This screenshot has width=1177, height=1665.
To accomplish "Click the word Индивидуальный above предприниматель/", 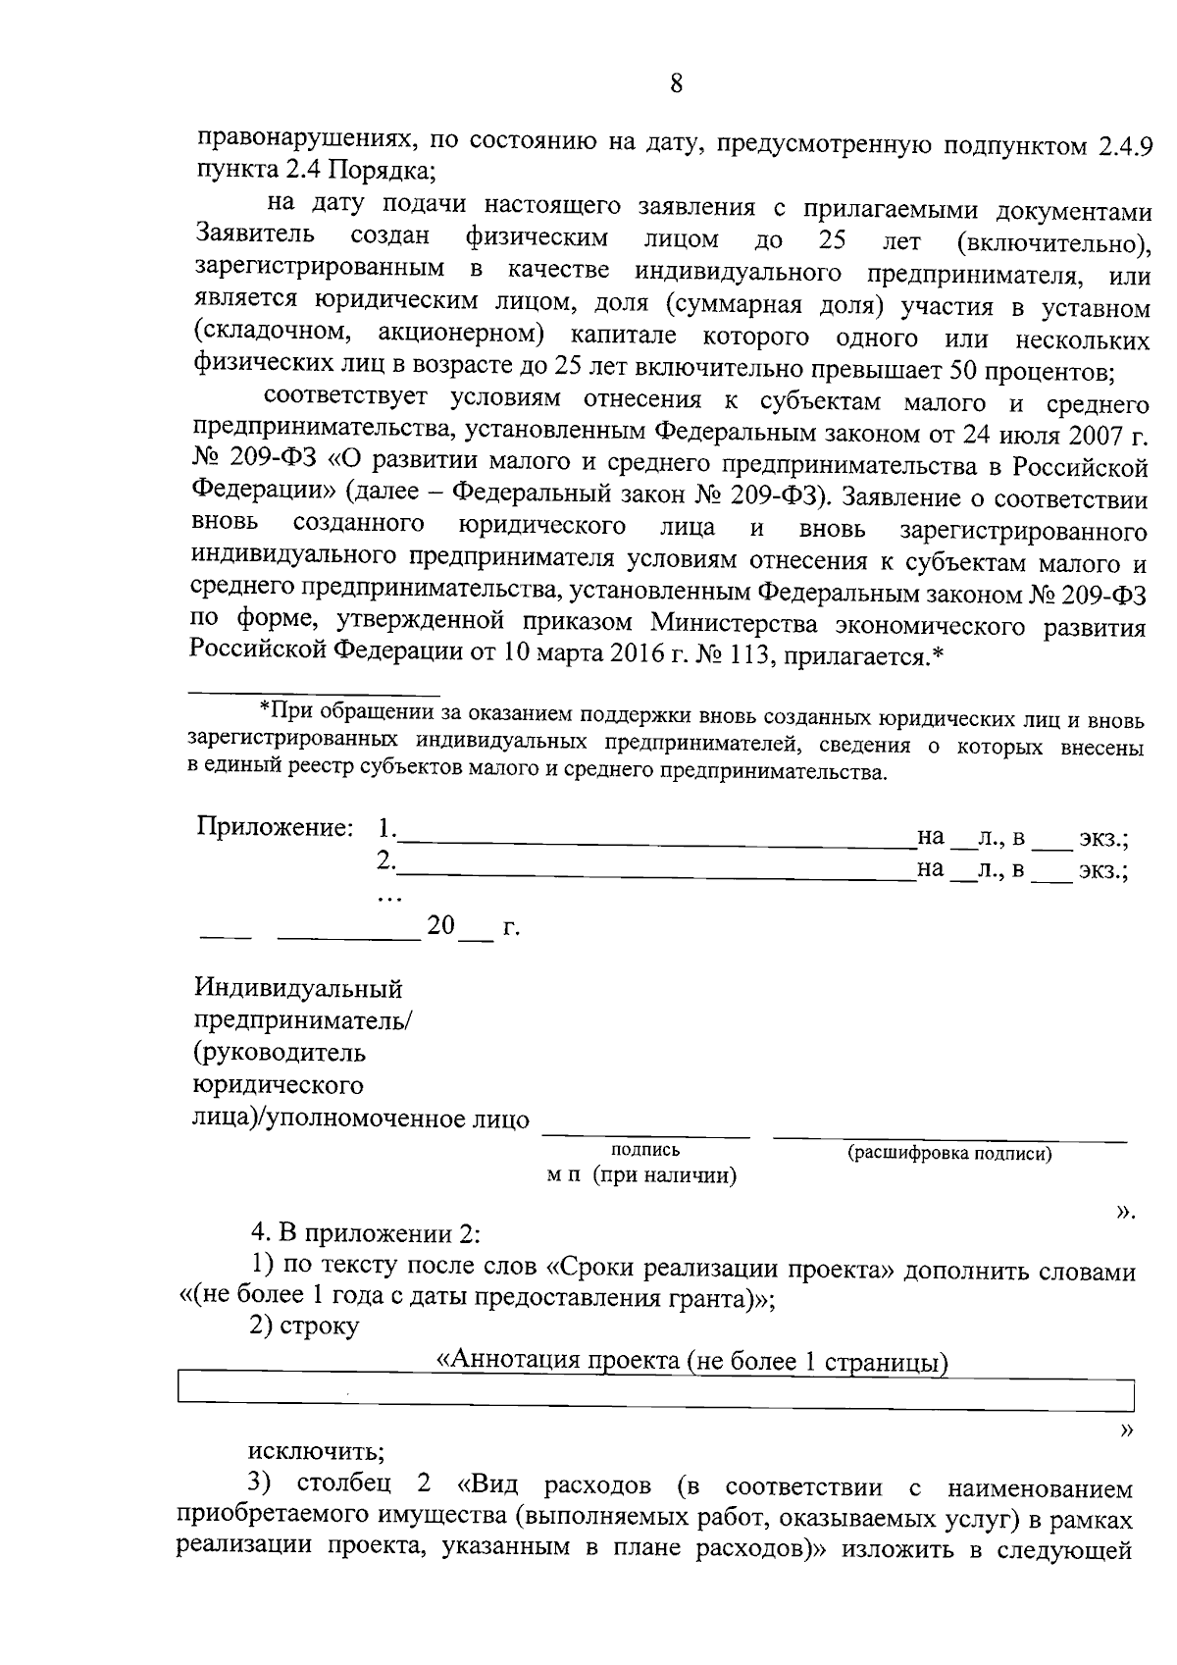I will click(298, 988).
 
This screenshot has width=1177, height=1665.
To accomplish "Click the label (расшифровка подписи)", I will click(949, 1154).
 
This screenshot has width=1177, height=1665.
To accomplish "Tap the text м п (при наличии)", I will click(641, 1175).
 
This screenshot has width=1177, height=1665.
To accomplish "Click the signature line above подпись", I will click(645, 1135).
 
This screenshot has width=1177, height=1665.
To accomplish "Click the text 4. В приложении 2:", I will click(367, 1232).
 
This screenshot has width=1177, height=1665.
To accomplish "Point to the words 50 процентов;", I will click(1032, 371).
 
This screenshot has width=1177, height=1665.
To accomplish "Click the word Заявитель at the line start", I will click(255, 236).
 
